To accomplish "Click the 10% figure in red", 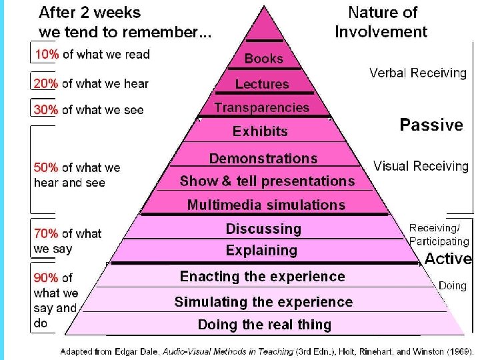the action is pos(46,55).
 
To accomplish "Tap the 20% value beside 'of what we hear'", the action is pos(46,83).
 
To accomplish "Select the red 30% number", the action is pos(46,110).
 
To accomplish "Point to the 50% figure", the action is pos(46,168).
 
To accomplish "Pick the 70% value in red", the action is pos(46,233).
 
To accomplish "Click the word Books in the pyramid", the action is pos(263,59).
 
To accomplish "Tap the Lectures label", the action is pos(262,84).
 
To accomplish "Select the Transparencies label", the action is pos(261,107).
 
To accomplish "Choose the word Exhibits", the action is pos(260,131).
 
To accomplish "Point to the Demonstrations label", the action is pos(263,159).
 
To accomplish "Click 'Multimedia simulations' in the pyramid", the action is pos(266,205).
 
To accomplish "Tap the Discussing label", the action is pos(263,229).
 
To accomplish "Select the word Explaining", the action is pos(261,251).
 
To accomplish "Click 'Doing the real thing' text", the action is pos(264,325).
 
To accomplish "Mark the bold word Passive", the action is pos(431,125).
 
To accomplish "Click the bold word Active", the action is pos(448,259).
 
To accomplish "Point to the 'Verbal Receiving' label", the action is pos(418,73).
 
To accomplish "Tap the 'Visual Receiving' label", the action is pos(421,166).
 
